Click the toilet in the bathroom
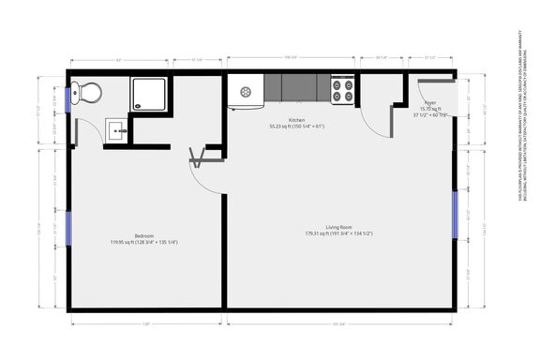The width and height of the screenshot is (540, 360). point(90,92)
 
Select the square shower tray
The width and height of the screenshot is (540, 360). point(150,93)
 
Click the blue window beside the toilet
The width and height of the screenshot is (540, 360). point(69,104)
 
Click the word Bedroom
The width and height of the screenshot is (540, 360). point(143,235)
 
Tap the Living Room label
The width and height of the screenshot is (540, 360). point(338,227)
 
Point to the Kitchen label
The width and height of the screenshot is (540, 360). point(296,120)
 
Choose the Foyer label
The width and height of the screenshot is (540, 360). point(429,102)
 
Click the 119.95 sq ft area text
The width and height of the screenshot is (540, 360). point(143,242)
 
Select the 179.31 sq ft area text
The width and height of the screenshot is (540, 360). point(338,233)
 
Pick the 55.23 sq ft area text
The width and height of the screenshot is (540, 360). point(296,127)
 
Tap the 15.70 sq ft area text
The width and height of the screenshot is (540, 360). point(429,109)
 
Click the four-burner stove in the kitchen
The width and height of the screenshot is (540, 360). point(343,90)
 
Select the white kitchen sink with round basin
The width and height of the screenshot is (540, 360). point(246,91)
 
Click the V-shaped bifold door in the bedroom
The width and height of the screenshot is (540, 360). point(199,157)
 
